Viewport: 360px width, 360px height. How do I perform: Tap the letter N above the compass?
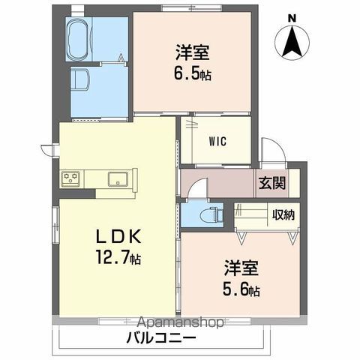[292, 18]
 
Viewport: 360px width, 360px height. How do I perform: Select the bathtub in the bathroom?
[79, 39]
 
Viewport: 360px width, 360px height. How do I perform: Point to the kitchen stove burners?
[71, 178]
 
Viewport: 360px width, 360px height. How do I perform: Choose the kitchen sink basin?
[117, 178]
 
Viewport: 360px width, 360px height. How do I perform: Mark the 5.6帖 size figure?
[240, 289]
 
